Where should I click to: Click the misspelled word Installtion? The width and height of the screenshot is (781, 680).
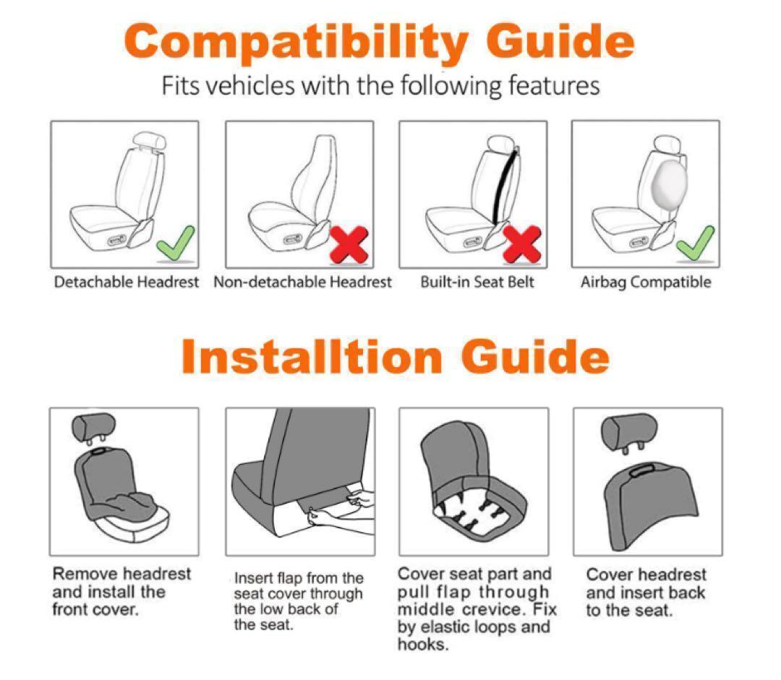312,356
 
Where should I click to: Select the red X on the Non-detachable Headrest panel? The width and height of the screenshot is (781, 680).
349,244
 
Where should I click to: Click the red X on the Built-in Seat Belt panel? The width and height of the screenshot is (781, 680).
522,244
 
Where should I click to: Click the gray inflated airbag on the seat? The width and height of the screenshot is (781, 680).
669,181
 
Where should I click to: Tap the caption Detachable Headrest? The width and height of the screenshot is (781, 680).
126,283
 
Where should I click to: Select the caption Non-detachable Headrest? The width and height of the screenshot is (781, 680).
302,283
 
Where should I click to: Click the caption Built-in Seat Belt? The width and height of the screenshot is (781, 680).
477,283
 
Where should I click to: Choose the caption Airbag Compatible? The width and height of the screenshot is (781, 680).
646,283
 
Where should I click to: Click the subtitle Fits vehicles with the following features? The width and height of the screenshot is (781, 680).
380,85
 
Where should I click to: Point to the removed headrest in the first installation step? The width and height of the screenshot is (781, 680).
93,428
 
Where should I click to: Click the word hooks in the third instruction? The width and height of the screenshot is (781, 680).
423,645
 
